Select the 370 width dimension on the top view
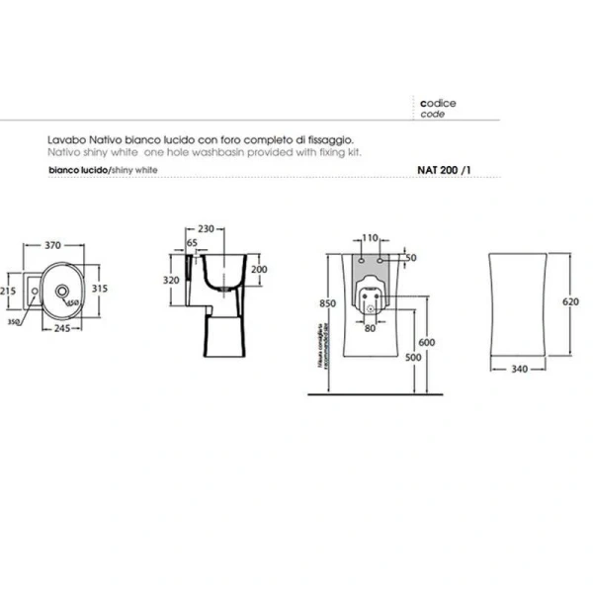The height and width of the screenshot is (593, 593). pyautogui.click(x=55, y=245)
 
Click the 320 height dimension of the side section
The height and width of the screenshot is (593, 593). pyautogui.click(x=172, y=281)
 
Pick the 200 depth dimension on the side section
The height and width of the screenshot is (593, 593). pyautogui.click(x=259, y=269)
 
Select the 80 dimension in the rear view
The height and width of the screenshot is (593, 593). pyautogui.click(x=369, y=328)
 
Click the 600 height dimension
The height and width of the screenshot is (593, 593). pyautogui.click(x=426, y=342)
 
